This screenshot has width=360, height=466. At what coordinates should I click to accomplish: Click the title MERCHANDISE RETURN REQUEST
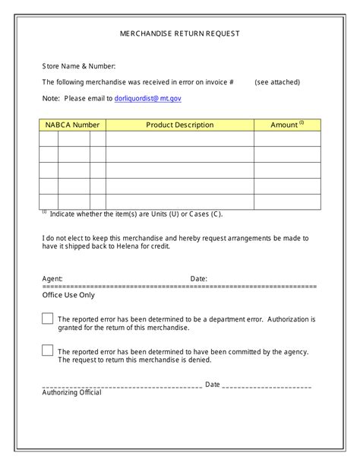coord(180,33)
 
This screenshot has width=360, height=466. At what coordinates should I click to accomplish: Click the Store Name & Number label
coord(79,67)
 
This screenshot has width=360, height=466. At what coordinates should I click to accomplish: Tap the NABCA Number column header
coord(72,125)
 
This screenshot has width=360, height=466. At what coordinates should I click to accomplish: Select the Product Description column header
coord(179,125)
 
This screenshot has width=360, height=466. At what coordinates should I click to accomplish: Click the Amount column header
coord(287,125)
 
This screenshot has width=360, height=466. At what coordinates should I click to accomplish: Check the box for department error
coord(47,319)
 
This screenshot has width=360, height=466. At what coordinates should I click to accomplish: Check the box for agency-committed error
coord(47,350)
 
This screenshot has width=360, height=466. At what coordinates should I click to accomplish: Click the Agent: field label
coord(52,279)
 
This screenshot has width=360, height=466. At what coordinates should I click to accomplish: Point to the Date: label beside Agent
coord(198,279)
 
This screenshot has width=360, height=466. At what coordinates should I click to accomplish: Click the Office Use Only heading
coord(68,295)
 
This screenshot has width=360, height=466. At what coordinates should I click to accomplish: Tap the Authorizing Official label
coord(71,392)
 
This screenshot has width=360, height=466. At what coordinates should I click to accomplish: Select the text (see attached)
coord(277,82)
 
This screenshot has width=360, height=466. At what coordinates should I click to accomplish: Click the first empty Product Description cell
coord(179,138)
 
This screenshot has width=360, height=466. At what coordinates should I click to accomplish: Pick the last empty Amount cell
coord(287,201)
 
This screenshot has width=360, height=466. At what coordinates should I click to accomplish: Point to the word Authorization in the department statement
coord(287,319)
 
